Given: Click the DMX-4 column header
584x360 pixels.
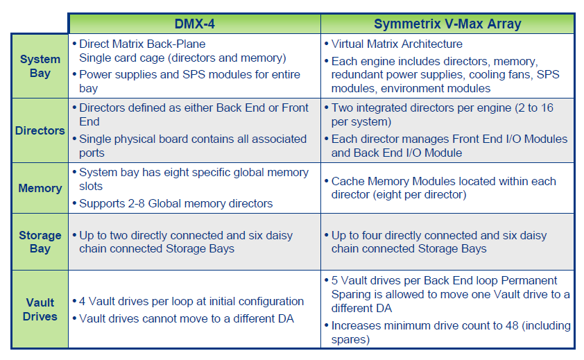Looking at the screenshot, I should pos(194,24).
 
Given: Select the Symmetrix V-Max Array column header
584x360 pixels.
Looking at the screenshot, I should pos(447,24).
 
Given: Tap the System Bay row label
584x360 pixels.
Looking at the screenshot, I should pos(40,66).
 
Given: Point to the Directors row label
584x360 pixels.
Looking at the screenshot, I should pos(40,130).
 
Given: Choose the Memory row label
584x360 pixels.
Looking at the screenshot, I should pos(40,188).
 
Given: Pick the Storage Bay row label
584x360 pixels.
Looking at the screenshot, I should pos(40,242).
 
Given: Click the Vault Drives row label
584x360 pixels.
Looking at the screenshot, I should pos(40,309).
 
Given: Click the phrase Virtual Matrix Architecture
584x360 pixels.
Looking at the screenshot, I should pos(397,44).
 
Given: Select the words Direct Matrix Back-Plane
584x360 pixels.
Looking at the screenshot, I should pos(142,44).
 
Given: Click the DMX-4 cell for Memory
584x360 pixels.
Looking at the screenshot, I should pos(194,188).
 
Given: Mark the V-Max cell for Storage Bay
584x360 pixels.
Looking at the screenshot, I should pos(447,242).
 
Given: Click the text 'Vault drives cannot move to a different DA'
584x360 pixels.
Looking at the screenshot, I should pos(187,318).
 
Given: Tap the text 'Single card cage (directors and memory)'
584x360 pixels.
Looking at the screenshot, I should pos(182,58).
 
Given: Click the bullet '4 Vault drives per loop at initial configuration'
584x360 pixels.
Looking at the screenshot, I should pos(191,302).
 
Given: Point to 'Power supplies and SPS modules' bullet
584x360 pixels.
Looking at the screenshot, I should pos(189,74).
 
